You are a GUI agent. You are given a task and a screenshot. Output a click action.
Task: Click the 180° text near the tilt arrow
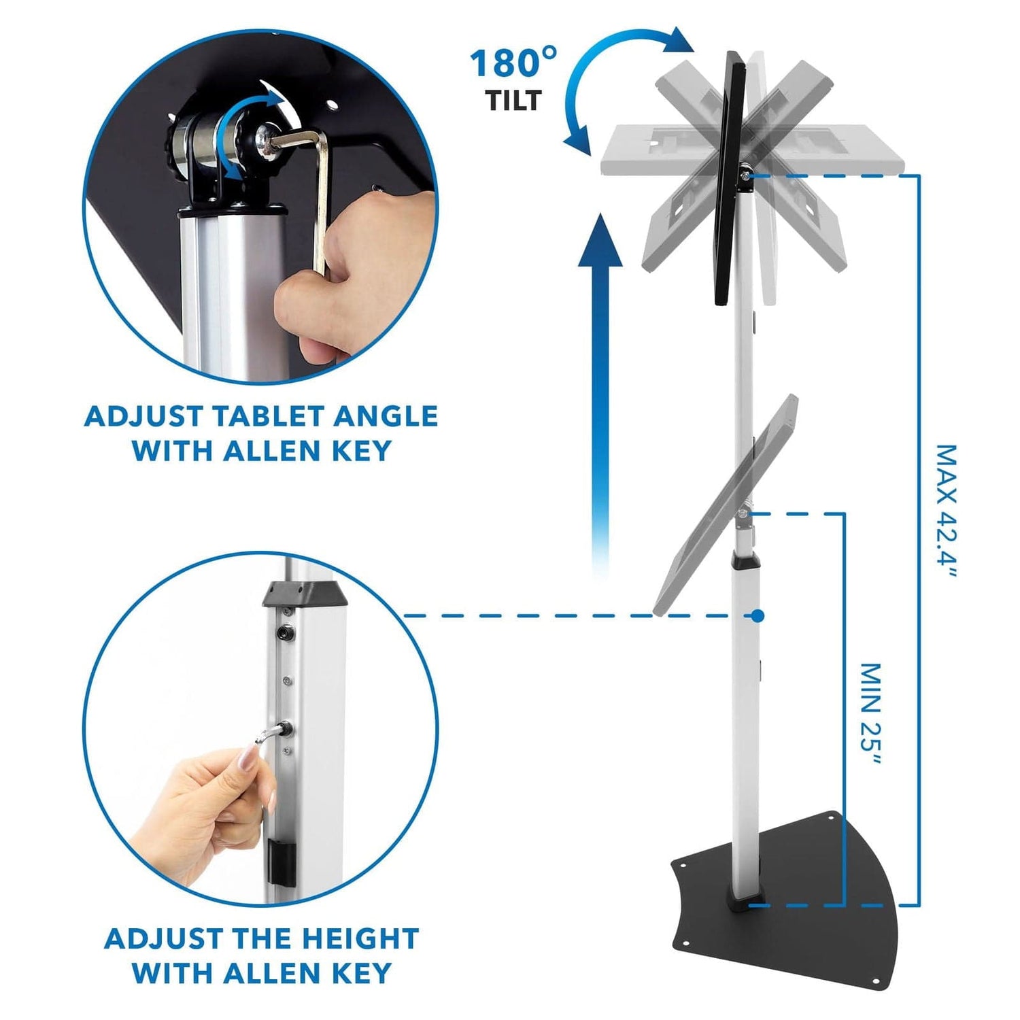[x=513, y=63]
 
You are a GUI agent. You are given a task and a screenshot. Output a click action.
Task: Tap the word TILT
[x=513, y=101]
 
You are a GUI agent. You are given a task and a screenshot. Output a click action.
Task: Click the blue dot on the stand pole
[x=757, y=616]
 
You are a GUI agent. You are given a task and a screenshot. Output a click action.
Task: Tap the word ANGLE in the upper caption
[x=385, y=416]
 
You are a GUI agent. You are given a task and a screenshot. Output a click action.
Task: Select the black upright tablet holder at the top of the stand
[x=728, y=177]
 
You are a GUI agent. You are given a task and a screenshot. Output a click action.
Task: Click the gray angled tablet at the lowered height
[x=721, y=510]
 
